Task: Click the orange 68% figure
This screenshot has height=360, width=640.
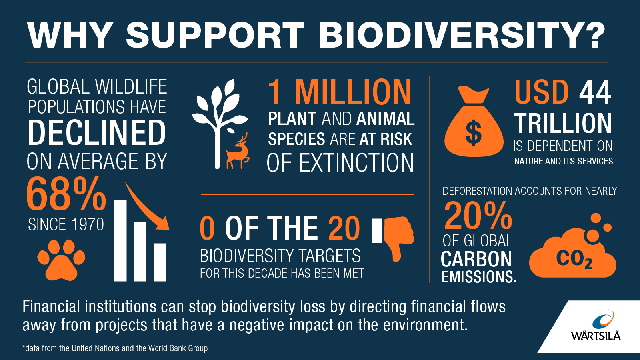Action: pyautogui.click(x=66, y=194)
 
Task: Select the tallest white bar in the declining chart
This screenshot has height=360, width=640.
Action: pyautogui.click(x=120, y=240)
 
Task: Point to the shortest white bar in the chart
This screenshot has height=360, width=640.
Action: pyautogui.click(x=160, y=262)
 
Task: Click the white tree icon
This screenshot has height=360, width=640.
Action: pyautogui.click(x=218, y=120)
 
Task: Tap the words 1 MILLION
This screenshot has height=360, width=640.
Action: pyautogui.click(x=340, y=92)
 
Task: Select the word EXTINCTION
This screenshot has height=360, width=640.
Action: pyautogui.click(x=356, y=163)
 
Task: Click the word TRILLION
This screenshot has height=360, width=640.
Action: pyautogui.click(x=563, y=123)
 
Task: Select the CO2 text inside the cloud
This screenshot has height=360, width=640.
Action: pyautogui.click(x=574, y=259)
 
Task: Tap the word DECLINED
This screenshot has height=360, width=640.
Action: pyautogui.click(x=97, y=133)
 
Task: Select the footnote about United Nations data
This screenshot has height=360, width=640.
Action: pyautogui.click(x=115, y=348)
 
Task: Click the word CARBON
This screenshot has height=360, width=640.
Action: pyautogui.click(x=476, y=259)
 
